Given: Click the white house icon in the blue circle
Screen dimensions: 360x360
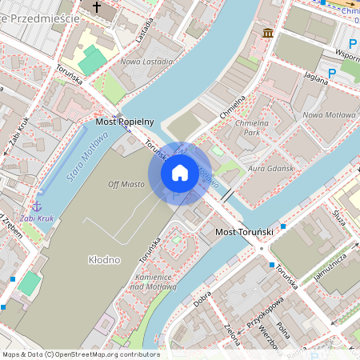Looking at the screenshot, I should tap(180, 173).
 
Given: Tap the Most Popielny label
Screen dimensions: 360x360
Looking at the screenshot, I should tap(124, 122).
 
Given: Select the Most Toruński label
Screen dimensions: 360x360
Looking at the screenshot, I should tap(246, 232).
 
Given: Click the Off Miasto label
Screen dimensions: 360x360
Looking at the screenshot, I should tap(126, 184).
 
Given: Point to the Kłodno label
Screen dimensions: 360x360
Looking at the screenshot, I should tap(104, 260).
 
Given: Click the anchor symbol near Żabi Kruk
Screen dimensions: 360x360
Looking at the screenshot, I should tap(36, 207).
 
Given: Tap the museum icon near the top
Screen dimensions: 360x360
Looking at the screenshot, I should tap(268, 33).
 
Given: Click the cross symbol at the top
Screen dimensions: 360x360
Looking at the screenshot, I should tap(98, 7).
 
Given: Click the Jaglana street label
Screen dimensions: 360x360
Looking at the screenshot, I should tap(317, 77).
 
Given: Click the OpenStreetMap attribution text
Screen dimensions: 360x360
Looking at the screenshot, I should tap(80, 354).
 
